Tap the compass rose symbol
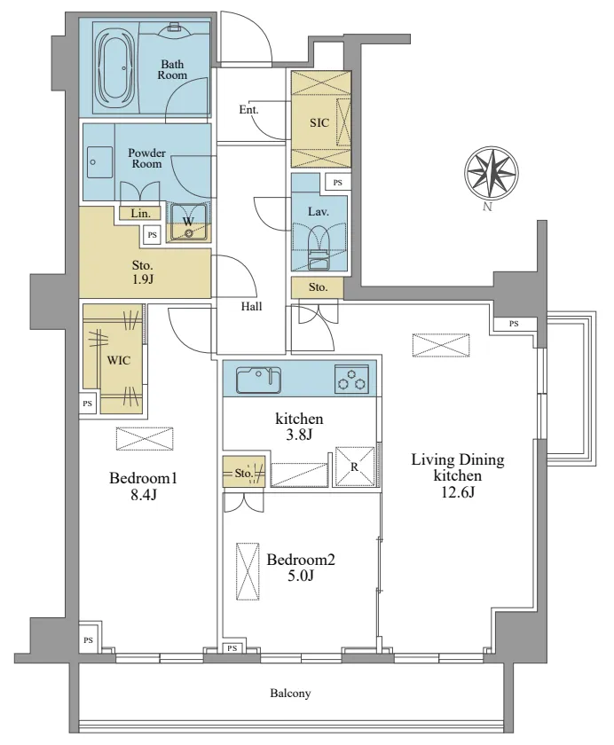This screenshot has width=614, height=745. click(491, 172)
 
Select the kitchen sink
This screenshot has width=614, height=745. click(258, 380)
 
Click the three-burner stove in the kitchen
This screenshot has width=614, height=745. click(351, 380)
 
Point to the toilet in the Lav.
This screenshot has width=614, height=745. click(319, 247)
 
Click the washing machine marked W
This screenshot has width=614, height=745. click(189, 222)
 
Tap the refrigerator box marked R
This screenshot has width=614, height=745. click(355, 467)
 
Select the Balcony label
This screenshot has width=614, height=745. click(290, 694)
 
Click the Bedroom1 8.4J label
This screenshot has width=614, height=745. click(143, 486)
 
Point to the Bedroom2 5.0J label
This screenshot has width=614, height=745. click(301, 568)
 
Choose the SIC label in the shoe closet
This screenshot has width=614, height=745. click(319, 123)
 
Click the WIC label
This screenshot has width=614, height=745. click(119, 360)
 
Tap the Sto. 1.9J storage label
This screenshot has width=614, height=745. click(143, 271)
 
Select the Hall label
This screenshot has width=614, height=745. click(251, 307)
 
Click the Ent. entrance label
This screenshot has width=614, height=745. click(248, 110)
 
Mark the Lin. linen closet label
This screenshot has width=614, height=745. click(140, 214)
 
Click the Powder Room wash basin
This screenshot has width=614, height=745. click(99, 162)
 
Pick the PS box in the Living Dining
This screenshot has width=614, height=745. click(514, 324)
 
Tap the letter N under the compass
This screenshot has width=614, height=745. click(486, 207)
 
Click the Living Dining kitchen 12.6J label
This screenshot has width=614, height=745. click(457, 475)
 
